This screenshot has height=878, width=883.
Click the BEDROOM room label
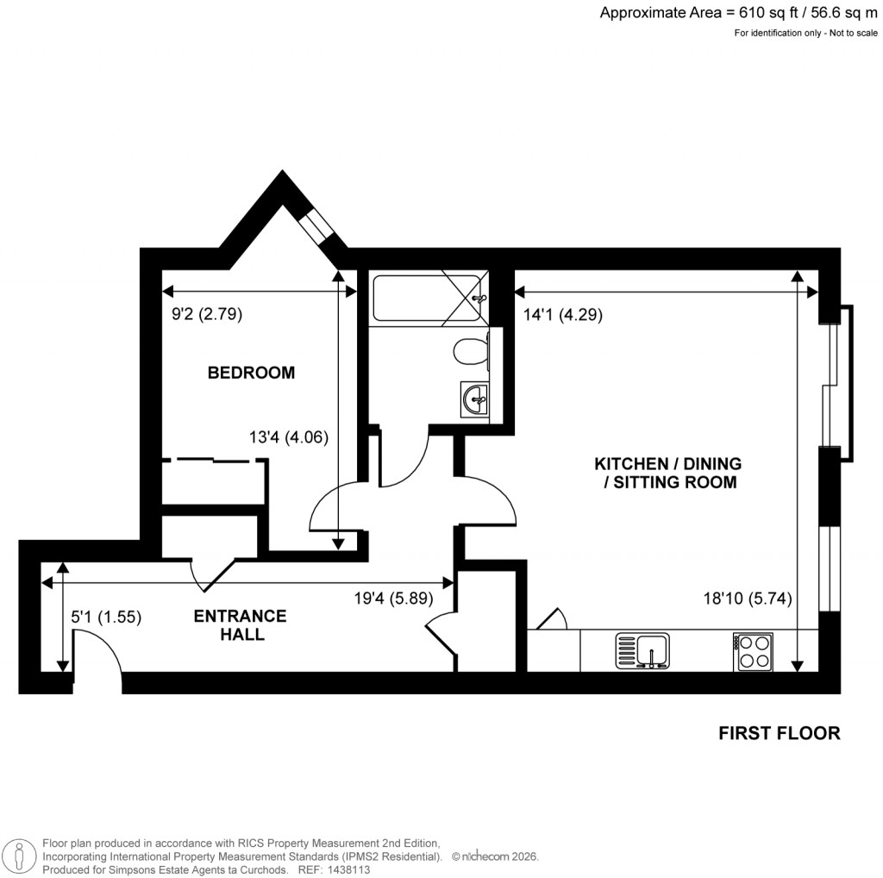pos(251,373)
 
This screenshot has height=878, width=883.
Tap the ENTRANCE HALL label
pos(240,625)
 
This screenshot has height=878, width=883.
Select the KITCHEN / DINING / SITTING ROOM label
pos(668,473)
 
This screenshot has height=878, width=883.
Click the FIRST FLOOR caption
pos(779,733)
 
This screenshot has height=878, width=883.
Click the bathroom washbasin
pos(475,399)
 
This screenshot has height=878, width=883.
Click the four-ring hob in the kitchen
pos(752,651)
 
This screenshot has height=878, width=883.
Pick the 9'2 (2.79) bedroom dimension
pos(207,315)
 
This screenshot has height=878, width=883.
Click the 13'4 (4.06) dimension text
pos(289,437)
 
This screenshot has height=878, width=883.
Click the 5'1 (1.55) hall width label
pos(105,617)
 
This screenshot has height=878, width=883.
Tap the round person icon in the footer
pos(21,856)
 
